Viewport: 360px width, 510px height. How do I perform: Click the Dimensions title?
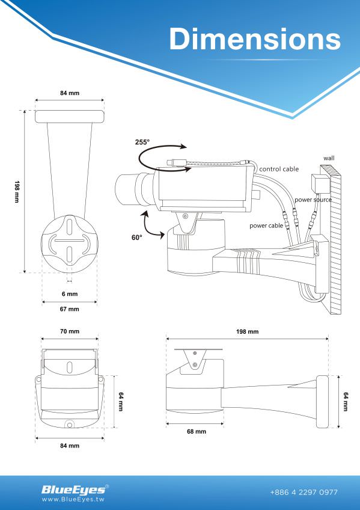255,38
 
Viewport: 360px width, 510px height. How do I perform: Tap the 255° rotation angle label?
142,143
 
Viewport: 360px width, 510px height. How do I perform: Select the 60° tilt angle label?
137,238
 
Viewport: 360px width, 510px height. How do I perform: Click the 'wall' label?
329,158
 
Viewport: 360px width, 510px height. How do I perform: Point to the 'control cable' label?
279,170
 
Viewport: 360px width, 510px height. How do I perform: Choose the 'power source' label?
313,199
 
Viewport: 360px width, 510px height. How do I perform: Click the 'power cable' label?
266,226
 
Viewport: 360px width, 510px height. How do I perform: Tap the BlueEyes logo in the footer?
73,489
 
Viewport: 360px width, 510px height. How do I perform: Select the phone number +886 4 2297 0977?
304,493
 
